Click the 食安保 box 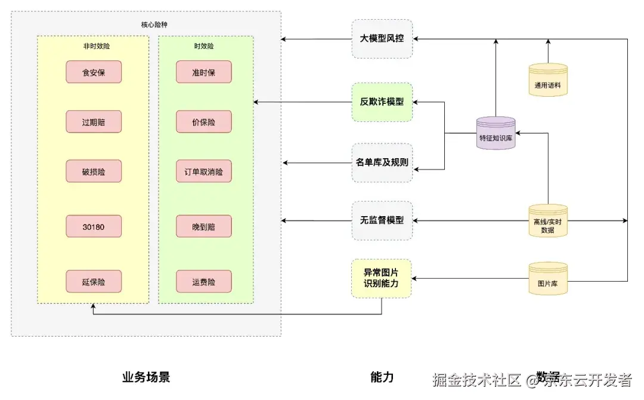tap(94, 72)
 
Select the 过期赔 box tap(94, 122)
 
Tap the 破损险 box tap(94, 171)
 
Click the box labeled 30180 tap(94, 226)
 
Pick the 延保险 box tap(94, 281)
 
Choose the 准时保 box tap(203, 72)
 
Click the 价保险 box tap(203, 122)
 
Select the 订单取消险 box tap(203, 171)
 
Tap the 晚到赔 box tap(203, 226)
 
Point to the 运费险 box tap(203, 281)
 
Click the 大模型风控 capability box tap(382, 39)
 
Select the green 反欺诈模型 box tap(382, 101)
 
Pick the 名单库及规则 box tap(382, 162)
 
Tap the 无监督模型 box tap(382, 220)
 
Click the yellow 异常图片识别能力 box tap(382, 278)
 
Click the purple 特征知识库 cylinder tap(496, 133)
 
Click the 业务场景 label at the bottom tap(146, 377)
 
